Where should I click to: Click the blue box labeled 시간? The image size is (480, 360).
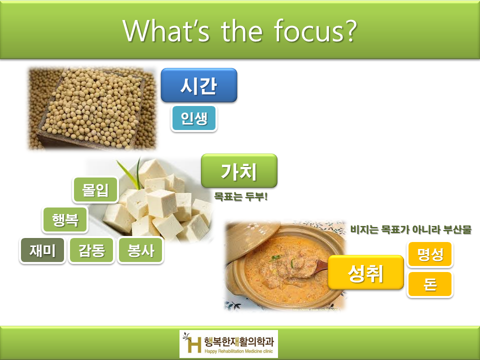[198, 85]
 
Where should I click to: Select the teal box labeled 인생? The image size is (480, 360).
[193, 118]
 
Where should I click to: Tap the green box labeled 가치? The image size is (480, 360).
[238, 170]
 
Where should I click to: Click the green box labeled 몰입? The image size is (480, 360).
[95, 190]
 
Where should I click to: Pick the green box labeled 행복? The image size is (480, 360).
[65, 220]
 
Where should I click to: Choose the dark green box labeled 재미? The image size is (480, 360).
[42, 250]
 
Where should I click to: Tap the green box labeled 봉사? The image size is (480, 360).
[140, 250]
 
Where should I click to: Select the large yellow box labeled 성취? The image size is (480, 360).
[365, 272]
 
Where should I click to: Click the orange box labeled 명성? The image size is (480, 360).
[430, 254]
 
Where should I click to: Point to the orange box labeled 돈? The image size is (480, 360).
[430, 284]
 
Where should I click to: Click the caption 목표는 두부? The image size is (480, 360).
[241, 197]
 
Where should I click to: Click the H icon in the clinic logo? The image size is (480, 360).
[192, 343]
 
